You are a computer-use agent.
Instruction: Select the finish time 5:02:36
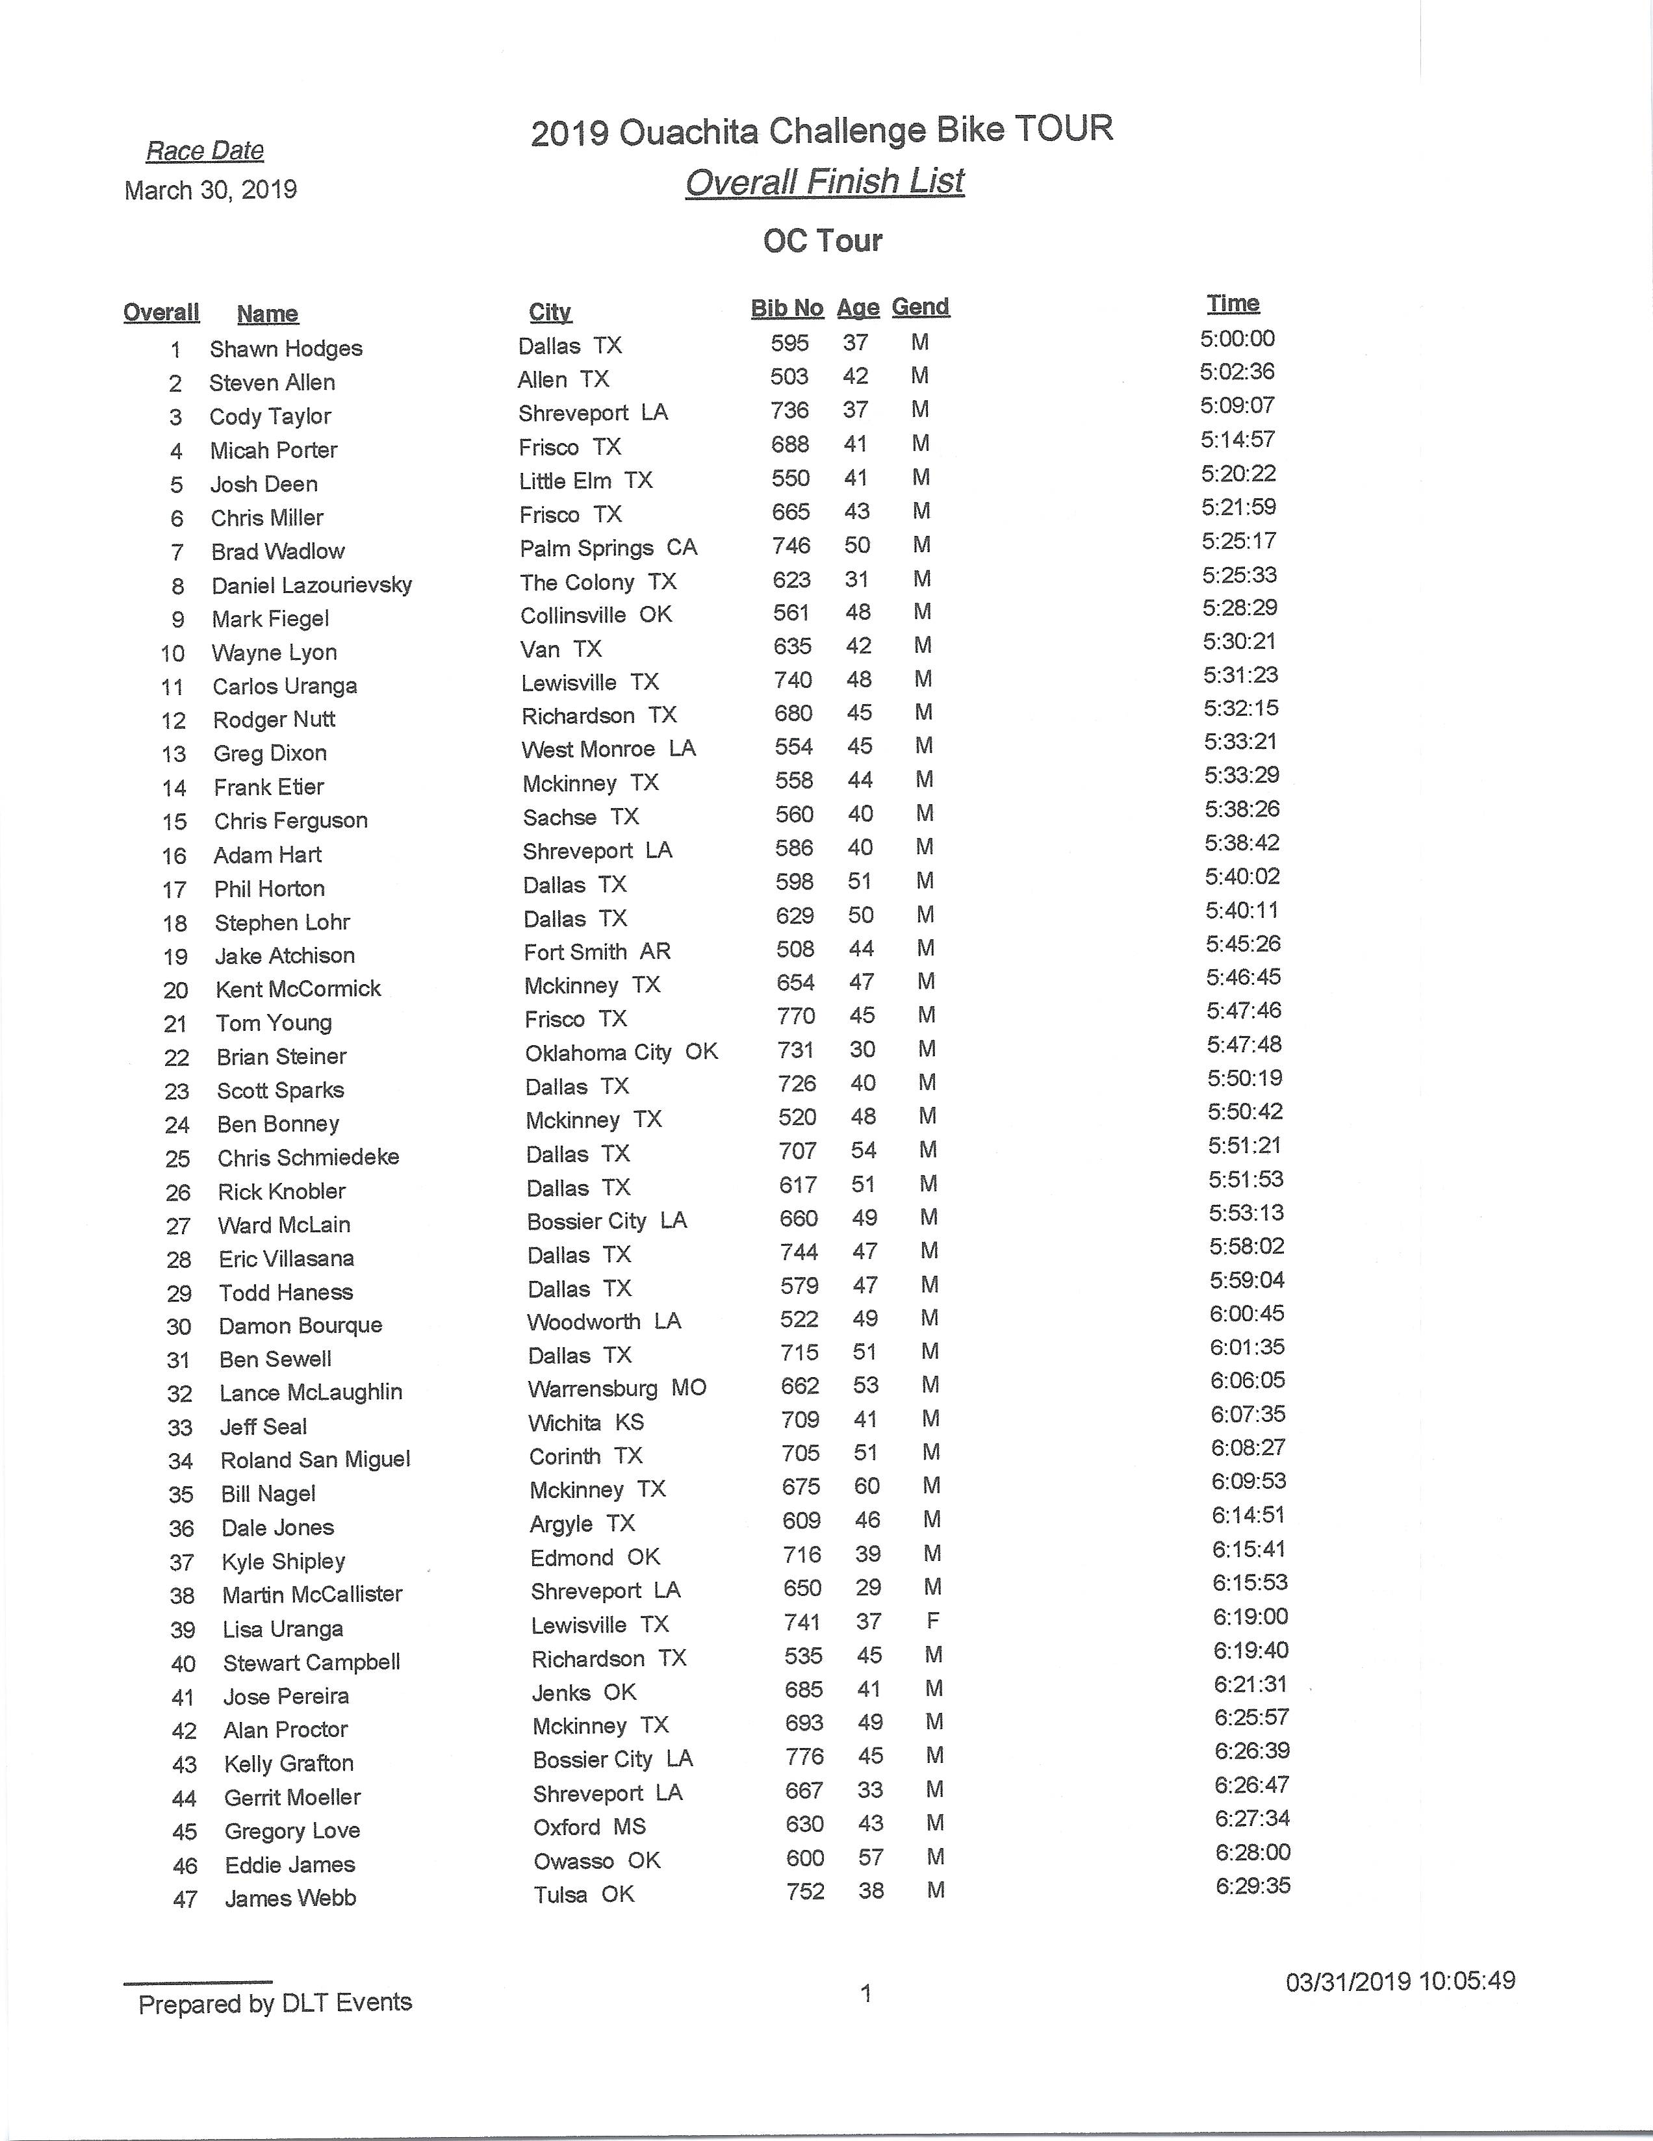1237,372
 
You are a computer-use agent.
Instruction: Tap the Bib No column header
786,308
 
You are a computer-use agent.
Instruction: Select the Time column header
1233,304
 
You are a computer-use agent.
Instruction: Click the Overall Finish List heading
825,183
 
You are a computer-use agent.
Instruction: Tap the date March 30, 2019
211,190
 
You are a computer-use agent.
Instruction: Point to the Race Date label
205,151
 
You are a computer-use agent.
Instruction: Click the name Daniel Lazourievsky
312,586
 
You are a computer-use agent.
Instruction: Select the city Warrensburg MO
617,1389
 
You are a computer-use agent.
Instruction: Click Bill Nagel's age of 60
867,1486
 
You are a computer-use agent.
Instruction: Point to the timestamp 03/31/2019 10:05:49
1400,1981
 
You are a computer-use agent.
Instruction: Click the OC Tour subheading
823,241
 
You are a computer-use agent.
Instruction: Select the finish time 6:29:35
1253,1886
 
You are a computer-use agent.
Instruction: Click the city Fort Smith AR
597,952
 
